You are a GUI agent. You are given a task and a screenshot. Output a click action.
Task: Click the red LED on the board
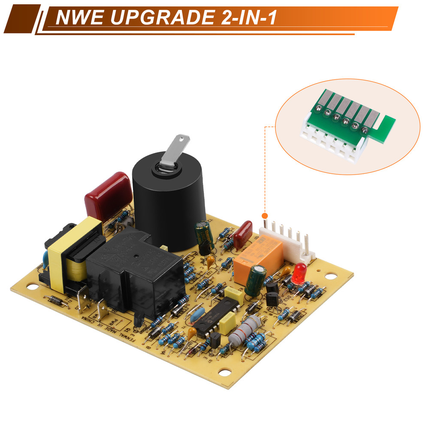click(x=299, y=272)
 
